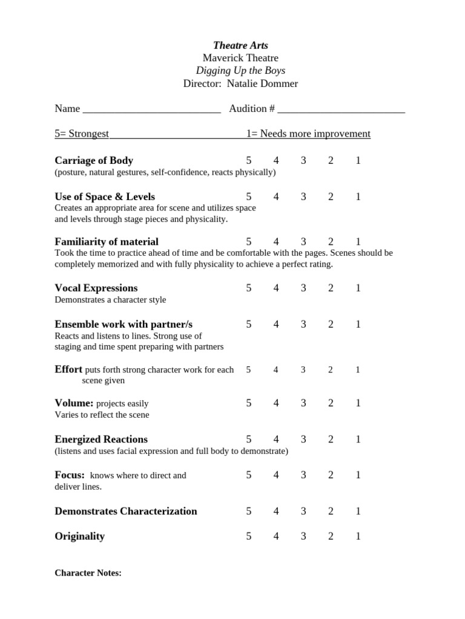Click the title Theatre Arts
pyautogui.click(x=240, y=45)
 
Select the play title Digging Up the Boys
pyautogui.click(x=240, y=71)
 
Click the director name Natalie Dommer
pyautogui.click(x=263, y=83)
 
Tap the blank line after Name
pyautogui.click(x=151, y=109)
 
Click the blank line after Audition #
pyautogui.click(x=341, y=109)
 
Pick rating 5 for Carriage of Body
pyautogui.click(x=248, y=161)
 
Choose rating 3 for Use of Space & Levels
pyautogui.click(x=303, y=197)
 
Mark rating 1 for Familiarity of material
pyautogui.click(x=358, y=242)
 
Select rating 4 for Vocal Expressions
pyautogui.click(x=276, y=288)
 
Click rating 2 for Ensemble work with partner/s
pyautogui.click(x=331, y=325)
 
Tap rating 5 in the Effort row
pyautogui.click(x=248, y=370)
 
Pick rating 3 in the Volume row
pyautogui.click(x=303, y=403)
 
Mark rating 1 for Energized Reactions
pyautogui.click(x=358, y=439)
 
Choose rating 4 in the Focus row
pyautogui.click(x=276, y=476)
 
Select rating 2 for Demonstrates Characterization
pyautogui.click(x=331, y=511)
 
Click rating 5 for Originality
pyautogui.click(x=248, y=537)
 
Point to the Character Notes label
pyautogui.click(x=88, y=573)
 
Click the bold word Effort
pyautogui.click(x=68, y=369)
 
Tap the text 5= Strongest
pyautogui.click(x=82, y=134)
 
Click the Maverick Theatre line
pyautogui.click(x=240, y=58)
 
